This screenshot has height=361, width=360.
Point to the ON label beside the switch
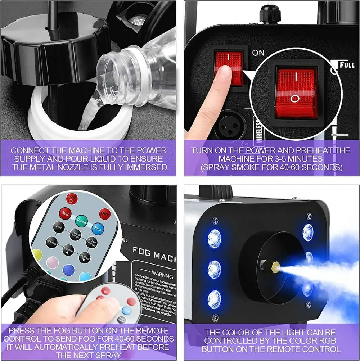tap(258, 53)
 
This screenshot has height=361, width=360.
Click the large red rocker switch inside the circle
tap(296, 92)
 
